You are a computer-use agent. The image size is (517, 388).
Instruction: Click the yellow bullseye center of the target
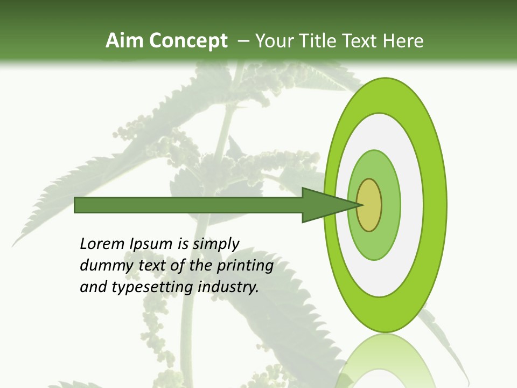click(x=369, y=205)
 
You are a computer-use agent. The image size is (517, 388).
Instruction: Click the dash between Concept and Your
click(x=243, y=41)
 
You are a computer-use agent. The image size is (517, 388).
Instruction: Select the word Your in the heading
click(x=274, y=41)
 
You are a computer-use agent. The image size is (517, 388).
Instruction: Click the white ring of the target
click(x=412, y=205)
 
